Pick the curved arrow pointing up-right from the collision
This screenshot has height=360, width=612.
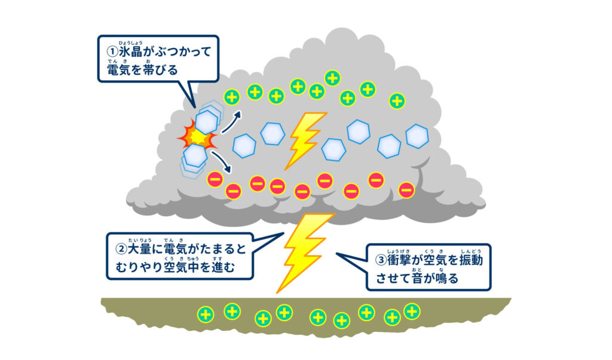pyautogui.click(x=231, y=120)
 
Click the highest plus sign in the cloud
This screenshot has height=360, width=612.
pyautogui.click(x=332, y=78)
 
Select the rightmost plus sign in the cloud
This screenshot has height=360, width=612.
pyautogui.click(x=396, y=100)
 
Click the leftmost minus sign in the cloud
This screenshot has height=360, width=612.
pyautogui.click(x=215, y=179)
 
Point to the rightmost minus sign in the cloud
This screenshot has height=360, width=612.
pyautogui.click(x=406, y=190)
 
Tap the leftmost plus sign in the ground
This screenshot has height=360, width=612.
pyautogui.click(x=206, y=314)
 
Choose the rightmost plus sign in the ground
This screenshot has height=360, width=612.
pyautogui.click(x=411, y=311)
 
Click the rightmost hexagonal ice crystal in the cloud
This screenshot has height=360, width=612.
pyautogui.click(x=417, y=136)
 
